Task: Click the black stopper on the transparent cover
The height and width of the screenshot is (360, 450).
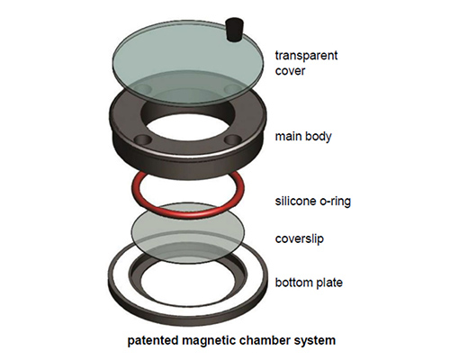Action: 234,30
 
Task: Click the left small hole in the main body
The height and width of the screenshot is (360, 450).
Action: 143,139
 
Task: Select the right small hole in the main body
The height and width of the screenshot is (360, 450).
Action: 232,139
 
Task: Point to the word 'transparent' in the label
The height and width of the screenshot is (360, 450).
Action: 306,56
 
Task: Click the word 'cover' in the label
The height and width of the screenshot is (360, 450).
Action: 290,71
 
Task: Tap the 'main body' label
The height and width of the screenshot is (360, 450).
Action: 303,136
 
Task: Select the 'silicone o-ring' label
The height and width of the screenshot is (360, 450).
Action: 313,201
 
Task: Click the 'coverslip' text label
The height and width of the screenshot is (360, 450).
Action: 300,238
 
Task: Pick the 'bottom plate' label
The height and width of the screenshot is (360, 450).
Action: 309,283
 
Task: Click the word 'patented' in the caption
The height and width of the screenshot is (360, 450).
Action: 153,340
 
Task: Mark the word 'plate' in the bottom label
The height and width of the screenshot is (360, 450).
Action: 328,283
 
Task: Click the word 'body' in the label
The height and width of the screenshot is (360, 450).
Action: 318,137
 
